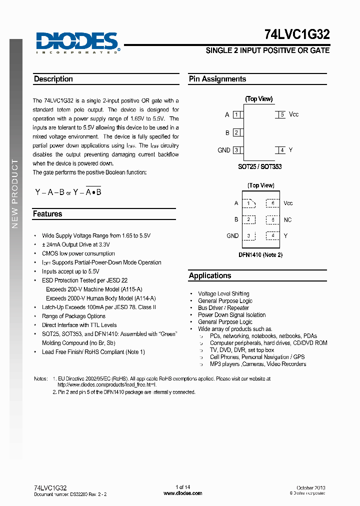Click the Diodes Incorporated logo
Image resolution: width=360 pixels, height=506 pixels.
click(77, 42)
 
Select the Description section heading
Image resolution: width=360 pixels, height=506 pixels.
click(53, 79)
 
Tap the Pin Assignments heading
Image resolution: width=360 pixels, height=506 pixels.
click(217, 79)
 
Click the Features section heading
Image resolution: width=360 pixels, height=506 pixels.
click(47, 214)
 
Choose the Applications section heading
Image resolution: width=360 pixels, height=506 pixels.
click(210, 275)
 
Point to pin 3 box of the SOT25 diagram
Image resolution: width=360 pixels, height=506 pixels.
click(236, 150)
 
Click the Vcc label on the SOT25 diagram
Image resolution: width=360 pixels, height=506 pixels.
click(294, 114)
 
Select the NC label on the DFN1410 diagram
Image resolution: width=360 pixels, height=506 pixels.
click(287, 220)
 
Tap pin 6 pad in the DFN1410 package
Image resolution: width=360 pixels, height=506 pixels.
click(272, 203)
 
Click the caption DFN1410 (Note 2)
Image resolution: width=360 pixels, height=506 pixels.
click(260, 255)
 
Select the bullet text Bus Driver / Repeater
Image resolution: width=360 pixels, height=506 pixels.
click(223, 308)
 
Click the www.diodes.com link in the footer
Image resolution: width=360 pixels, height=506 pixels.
click(183, 493)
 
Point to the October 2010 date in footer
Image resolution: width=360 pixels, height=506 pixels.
click(311, 487)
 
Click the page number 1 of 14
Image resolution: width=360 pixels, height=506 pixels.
click(183, 487)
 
